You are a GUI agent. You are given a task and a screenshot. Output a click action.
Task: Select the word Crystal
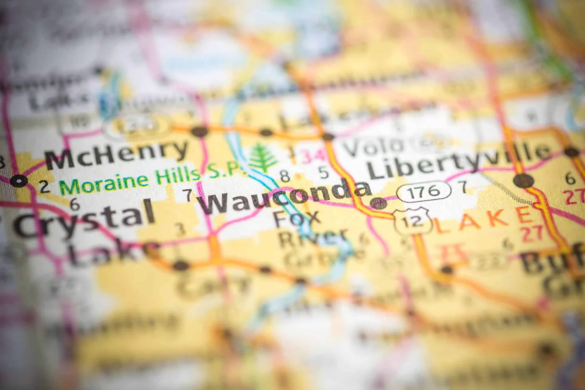[84, 218]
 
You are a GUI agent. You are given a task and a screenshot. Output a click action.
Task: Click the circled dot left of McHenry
[19, 181]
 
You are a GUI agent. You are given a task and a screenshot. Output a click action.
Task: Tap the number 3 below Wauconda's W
[180, 230]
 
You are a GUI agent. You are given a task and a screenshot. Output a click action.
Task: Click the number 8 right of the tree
[285, 176]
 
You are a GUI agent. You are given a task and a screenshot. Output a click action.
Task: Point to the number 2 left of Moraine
[45, 188]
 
